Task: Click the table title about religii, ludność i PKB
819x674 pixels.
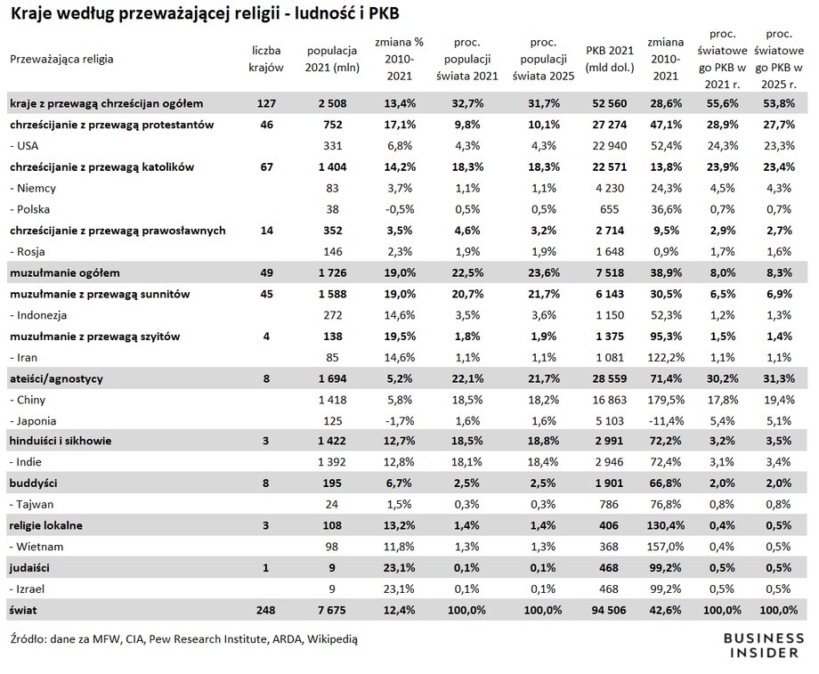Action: (205, 13)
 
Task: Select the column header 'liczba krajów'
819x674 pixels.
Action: (266, 59)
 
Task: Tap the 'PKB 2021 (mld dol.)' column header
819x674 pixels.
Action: (610, 59)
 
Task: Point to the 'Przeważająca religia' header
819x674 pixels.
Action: (61, 59)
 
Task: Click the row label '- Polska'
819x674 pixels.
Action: (29, 209)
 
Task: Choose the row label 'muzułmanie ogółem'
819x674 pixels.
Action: (65, 272)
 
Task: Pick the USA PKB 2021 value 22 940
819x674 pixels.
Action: (610, 146)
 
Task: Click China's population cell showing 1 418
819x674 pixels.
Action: (332, 400)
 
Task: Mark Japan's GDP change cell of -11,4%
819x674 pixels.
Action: (666, 420)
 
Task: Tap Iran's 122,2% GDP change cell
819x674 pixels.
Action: (666, 357)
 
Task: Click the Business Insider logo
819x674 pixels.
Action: (764, 646)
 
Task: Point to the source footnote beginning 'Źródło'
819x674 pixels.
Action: (184, 639)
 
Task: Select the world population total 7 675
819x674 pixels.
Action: (332, 610)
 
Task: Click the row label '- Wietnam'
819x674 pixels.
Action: (36, 547)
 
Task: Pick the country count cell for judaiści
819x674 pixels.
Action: (266, 567)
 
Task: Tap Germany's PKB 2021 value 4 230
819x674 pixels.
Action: (610, 188)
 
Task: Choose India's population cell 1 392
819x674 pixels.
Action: (332, 462)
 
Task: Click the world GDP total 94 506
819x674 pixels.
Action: (609, 610)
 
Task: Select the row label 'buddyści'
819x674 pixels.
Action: (33, 483)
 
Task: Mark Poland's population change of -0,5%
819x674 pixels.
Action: (400, 209)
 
